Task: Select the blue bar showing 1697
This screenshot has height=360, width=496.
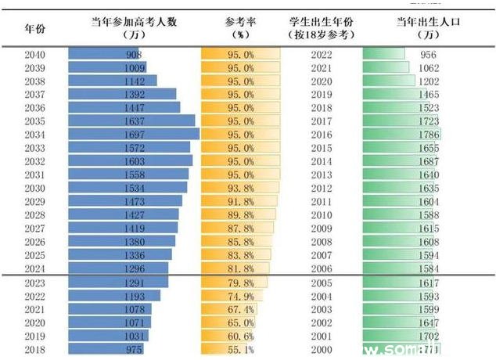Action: [133, 135]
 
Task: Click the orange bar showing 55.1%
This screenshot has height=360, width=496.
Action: [228, 349]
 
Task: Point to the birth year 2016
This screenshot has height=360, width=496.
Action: [322, 135]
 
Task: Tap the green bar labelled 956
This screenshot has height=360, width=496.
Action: [384, 55]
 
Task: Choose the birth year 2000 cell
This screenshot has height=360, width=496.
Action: [322, 349]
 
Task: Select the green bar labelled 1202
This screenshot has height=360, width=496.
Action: [389, 81]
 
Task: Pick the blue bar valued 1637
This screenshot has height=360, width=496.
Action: [131, 121]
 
